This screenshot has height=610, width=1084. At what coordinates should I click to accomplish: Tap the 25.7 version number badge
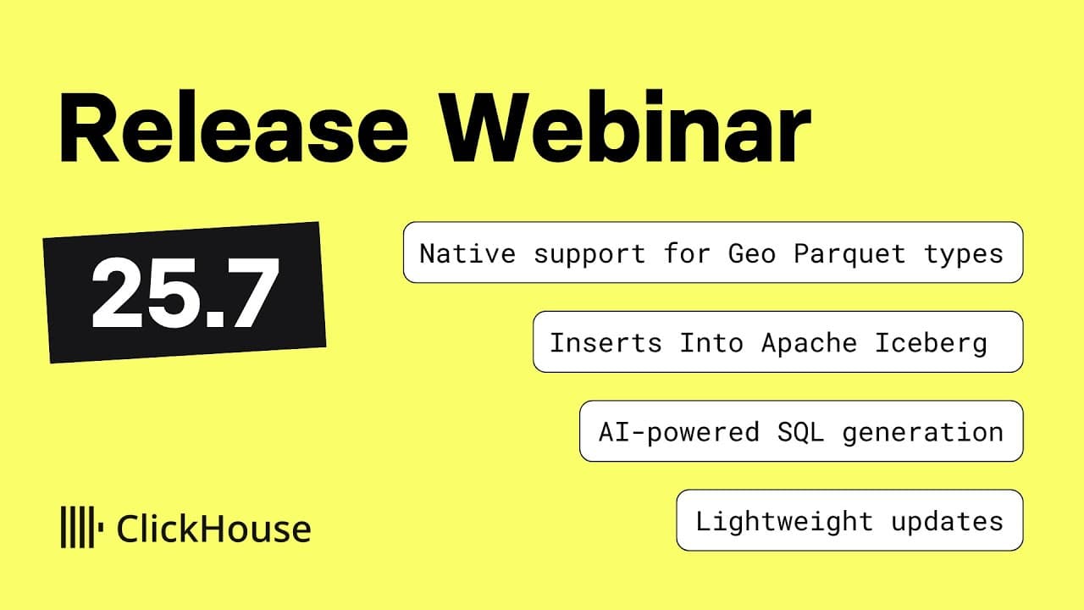coord(185,292)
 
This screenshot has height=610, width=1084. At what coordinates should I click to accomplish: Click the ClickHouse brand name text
coord(213,529)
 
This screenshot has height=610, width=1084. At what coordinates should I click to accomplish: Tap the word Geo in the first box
coord(751,253)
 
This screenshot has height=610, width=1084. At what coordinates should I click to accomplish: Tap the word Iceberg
coord(930,343)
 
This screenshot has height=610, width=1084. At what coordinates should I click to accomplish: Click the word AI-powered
coord(678,432)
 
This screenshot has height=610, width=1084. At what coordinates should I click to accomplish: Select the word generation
coord(922,432)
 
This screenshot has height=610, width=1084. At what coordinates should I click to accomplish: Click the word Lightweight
coord(784,521)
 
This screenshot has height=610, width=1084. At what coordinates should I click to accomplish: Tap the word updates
coord(947,521)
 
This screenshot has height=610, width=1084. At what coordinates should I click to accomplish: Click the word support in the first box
coord(589,253)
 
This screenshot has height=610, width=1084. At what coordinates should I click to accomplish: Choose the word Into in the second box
coord(711,343)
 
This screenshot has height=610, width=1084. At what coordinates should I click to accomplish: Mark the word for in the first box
coord(687,253)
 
